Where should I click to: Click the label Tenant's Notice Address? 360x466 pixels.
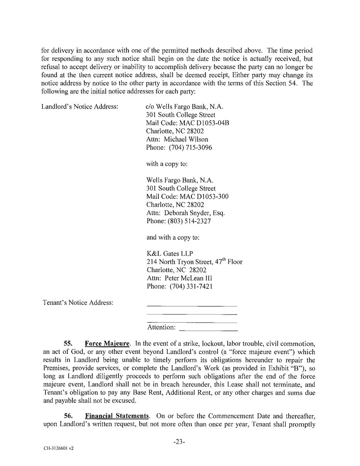78,303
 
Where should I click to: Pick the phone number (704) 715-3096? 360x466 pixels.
190,148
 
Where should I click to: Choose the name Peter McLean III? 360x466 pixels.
188,278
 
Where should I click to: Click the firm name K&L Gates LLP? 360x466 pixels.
170,254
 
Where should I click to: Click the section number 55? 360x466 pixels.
68,343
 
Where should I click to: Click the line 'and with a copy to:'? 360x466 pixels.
173,237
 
